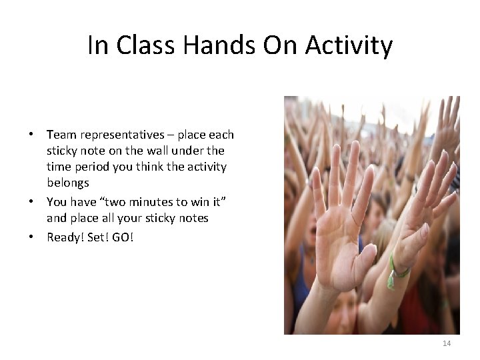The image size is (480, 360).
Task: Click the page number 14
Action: (447, 343)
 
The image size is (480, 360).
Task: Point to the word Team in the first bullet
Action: (61, 135)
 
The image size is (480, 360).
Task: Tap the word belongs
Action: (68, 183)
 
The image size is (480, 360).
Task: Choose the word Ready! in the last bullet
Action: (65, 237)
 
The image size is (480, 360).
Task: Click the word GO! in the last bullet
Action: (123, 237)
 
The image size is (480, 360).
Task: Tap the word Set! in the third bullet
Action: (97, 237)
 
